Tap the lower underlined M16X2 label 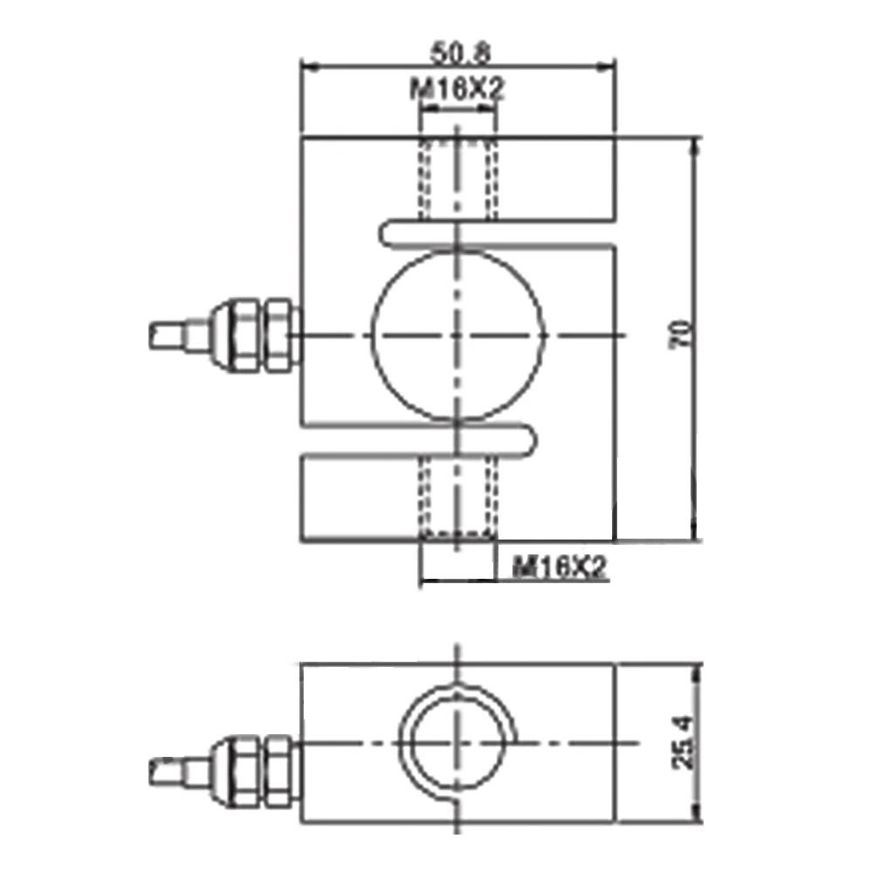tap(559, 569)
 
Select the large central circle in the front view tap(457, 335)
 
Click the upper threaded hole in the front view tap(457, 179)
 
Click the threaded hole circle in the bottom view tap(457, 744)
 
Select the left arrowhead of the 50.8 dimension tap(307, 65)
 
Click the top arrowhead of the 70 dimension tap(696, 143)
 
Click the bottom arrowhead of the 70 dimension tap(696, 534)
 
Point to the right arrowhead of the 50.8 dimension tap(608, 65)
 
